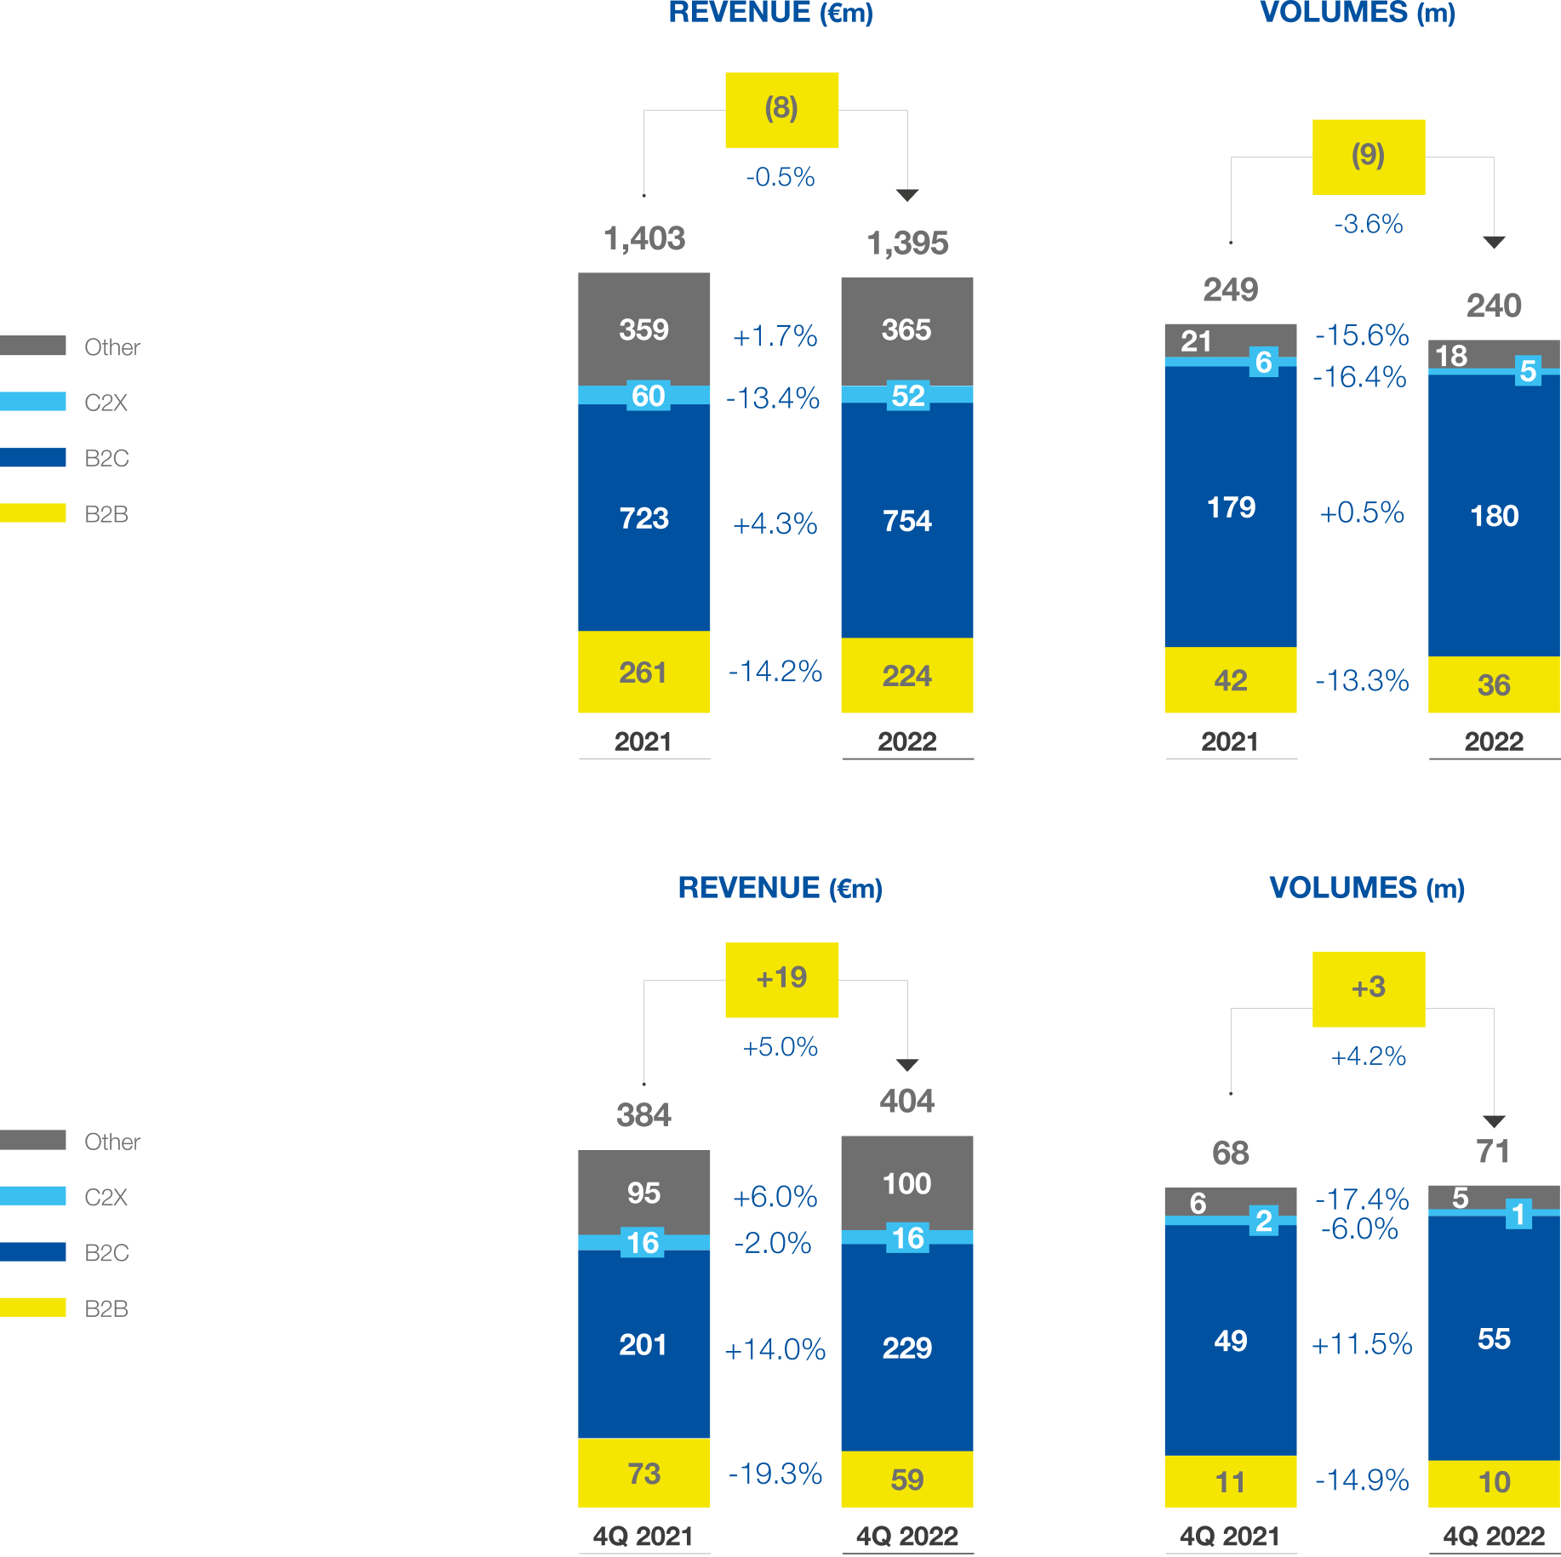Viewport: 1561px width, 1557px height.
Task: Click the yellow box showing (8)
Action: point(781,110)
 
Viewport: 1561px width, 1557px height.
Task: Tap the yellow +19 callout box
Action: point(781,979)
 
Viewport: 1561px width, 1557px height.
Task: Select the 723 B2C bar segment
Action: point(643,518)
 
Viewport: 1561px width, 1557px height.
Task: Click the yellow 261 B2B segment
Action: point(643,672)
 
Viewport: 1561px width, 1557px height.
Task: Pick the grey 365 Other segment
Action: point(907,331)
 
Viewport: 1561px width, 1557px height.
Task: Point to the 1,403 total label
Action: point(644,238)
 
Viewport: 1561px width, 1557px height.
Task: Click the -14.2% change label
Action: point(775,672)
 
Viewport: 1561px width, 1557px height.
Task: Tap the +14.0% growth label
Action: point(775,1349)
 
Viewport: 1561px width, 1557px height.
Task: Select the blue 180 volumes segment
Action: point(1494,516)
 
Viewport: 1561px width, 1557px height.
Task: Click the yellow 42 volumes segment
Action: point(1231,680)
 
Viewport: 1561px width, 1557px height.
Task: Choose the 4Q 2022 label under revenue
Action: point(907,1537)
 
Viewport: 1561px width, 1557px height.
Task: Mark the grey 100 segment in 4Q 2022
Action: point(907,1183)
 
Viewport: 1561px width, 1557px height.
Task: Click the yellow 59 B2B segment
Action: point(907,1480)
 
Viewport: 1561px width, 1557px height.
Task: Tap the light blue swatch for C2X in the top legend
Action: point(32,401)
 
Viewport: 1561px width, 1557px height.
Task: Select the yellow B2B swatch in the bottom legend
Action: point(32,1308)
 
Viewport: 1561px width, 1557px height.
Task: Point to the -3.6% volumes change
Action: point(1369,224)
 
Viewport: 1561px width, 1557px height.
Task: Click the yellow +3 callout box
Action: point(1369,989)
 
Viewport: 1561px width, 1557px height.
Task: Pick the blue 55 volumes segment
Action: point(1494,1338)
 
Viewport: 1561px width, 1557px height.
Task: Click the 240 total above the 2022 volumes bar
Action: point(1494,306)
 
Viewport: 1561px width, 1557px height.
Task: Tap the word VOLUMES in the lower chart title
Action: point(1343,888)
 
